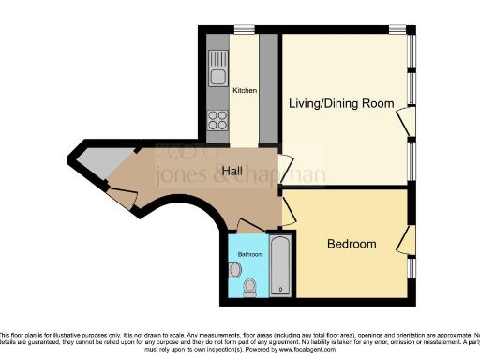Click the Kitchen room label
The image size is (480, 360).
(x=245, y=90)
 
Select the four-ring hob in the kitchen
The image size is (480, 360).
(x=217, y=119)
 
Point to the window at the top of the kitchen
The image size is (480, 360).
(x=245, y=28)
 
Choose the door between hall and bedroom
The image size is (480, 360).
(x=288, y=211)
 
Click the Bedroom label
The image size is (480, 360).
(x=352, y=244)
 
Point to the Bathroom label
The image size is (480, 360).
(x=249, y=254)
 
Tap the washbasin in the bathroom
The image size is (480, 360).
(x=233, y=270)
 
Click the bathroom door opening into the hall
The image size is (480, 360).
(x=249, y=226)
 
